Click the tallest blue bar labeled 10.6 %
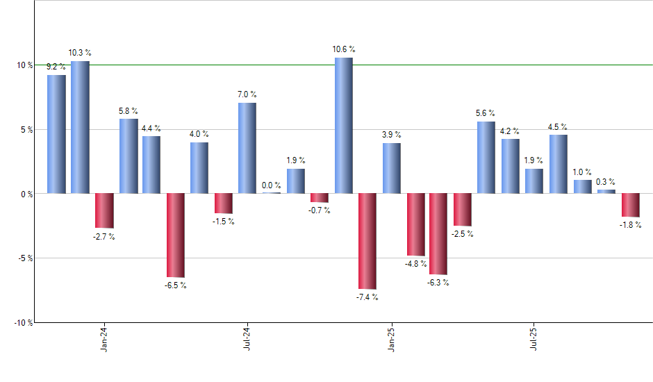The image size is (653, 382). click(343, 125)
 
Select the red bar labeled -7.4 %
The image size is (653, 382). click(367, 240)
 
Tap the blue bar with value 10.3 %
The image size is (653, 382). click(80, 127)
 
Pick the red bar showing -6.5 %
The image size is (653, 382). click(175, 235)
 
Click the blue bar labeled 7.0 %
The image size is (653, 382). click(247, 147)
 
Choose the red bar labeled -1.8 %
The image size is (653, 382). click(630, 205)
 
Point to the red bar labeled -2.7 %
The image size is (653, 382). click(104, 210)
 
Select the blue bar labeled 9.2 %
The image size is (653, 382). click(56, 134)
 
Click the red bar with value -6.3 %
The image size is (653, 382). click(438, 233)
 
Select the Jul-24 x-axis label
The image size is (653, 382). click(247, 340)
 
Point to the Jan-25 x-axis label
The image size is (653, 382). click(391, 340)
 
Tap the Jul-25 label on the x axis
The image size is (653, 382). click(534, 340)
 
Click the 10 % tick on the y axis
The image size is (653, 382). click(25, 65)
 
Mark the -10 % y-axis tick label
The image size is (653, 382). click(24, 323)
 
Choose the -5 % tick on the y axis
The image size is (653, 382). click(25, 258)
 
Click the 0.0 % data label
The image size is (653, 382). click(272, 185)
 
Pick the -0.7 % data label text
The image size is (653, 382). click(320, 210)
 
